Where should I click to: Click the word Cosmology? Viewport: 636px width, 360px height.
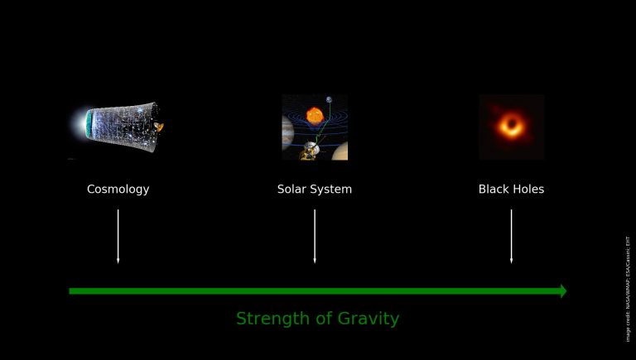[x=118, y=190]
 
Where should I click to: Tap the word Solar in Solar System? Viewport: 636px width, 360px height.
[x=291, y=190]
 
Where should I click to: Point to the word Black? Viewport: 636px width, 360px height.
[x=494, y=190]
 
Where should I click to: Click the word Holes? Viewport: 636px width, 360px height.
[x=528, y=190]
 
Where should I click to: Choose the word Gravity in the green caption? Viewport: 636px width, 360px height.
[x=369, y=319]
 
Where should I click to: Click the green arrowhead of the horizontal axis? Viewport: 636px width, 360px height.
[x=563, y=290]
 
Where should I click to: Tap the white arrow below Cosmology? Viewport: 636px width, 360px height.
[x=118, y=236]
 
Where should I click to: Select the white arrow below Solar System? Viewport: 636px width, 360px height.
[x=315, y=236]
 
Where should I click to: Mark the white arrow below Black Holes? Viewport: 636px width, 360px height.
[x=511, y=236]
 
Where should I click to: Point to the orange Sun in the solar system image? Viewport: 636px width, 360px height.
[x=315, y=115]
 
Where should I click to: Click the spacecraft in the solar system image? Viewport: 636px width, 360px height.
[x=309, y=149]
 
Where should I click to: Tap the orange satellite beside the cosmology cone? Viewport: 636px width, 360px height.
[x=159, y=127]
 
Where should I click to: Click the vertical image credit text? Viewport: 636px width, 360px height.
[x=627, y=289]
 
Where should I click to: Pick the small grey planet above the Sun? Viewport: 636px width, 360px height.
[x=329, y=101]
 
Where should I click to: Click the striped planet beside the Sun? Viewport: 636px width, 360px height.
[x=287, y=129]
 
